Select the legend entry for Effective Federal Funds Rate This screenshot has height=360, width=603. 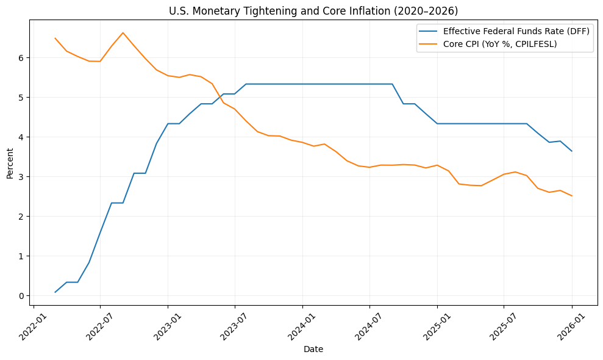516,31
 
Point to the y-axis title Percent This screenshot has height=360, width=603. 10,163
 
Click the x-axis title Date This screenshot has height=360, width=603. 313,350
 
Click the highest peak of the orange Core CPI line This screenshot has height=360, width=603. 123,33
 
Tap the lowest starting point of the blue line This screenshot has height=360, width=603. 55,292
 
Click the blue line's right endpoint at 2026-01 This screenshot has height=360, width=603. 572,151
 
